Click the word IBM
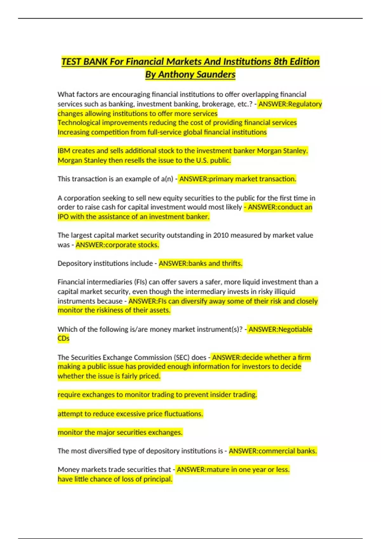click(64, 151)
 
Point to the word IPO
click(63, 217)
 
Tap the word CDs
click(63, 338)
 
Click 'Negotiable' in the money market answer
click(295, 329)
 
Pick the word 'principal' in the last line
click(158, 479)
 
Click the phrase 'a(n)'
click(167, 179)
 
